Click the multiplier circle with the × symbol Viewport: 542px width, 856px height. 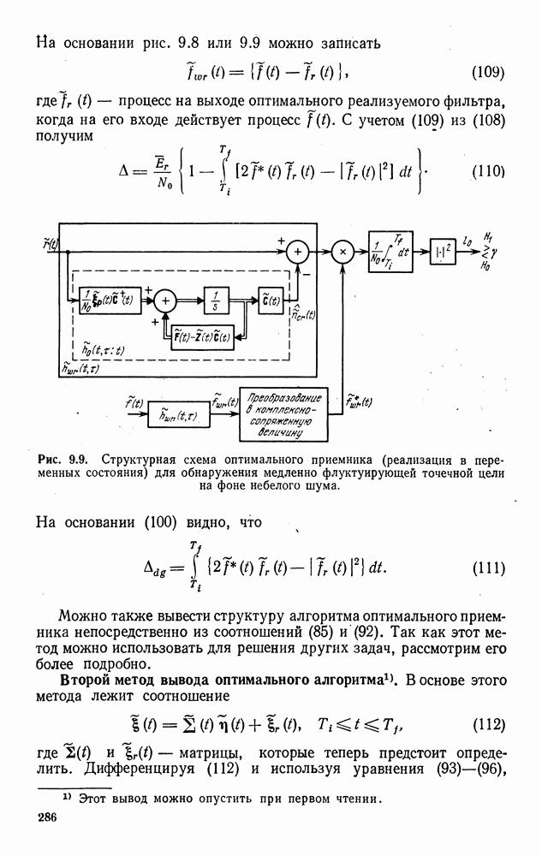342,252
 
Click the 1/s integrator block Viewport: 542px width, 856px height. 217,300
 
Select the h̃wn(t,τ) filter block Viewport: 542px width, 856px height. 173,417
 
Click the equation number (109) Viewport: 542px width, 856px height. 488,72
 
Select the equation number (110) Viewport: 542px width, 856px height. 488,170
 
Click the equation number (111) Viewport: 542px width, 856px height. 488,568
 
